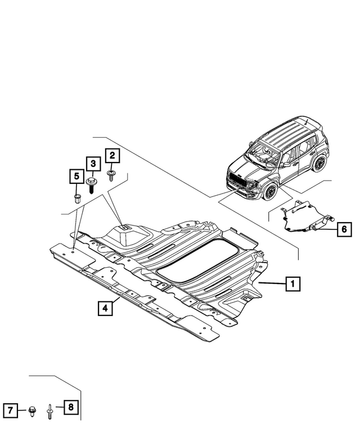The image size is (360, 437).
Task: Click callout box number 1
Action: [292, 285]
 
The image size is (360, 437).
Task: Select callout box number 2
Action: [111, 155]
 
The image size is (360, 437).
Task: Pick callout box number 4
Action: [103, 308]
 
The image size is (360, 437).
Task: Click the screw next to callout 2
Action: [111, 175]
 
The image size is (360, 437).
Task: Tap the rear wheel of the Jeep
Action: [319, 164]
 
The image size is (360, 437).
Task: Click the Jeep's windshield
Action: [265, 151]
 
